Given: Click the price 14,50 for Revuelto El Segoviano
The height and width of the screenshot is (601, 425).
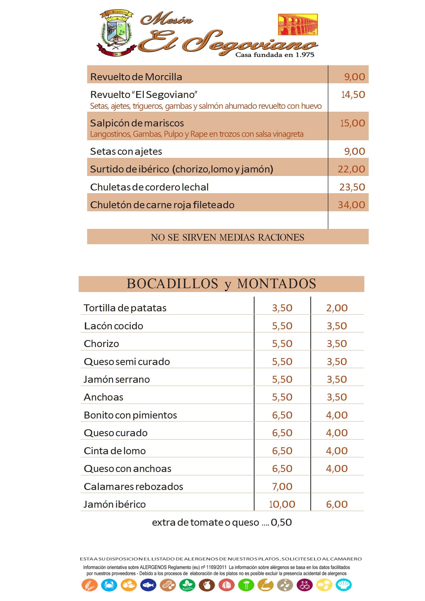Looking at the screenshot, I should tap(353, 95).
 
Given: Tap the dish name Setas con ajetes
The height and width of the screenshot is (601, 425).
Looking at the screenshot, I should tap(126, 151).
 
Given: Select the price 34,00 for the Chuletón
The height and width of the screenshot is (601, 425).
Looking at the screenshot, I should tap(351, 205).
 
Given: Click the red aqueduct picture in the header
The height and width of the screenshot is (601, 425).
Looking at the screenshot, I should tap(297, 25).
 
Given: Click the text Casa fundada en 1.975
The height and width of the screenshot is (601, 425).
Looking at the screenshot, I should tap(275, 55).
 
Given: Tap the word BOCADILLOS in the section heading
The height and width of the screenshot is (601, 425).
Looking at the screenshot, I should tap(172, 284).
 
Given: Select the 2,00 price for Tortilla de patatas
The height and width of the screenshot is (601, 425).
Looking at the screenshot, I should tap(337, 308).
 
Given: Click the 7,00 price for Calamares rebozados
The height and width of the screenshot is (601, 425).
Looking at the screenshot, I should tap(282, 487).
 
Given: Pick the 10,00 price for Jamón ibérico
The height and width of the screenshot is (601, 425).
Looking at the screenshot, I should tap(282, 504).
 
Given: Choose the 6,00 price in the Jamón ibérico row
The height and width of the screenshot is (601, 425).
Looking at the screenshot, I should tap(337, 504).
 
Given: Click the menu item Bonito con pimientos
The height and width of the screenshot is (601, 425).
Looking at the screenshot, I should tap(130, 415).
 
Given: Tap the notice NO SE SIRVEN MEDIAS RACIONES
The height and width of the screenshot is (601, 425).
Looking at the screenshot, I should tap(227, 237).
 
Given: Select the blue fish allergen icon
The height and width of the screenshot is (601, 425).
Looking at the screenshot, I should tap(148, 585).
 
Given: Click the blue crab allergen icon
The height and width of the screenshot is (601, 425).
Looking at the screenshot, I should tap(109, 585).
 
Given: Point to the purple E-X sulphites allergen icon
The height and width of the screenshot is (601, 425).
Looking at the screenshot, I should tap(304, 585).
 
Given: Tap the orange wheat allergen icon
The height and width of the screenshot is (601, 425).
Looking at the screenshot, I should tap(89, 585).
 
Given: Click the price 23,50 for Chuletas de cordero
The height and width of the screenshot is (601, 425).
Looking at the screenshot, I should tap(352, 187).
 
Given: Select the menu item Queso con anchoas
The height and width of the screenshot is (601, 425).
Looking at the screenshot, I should tap(127, 469).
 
